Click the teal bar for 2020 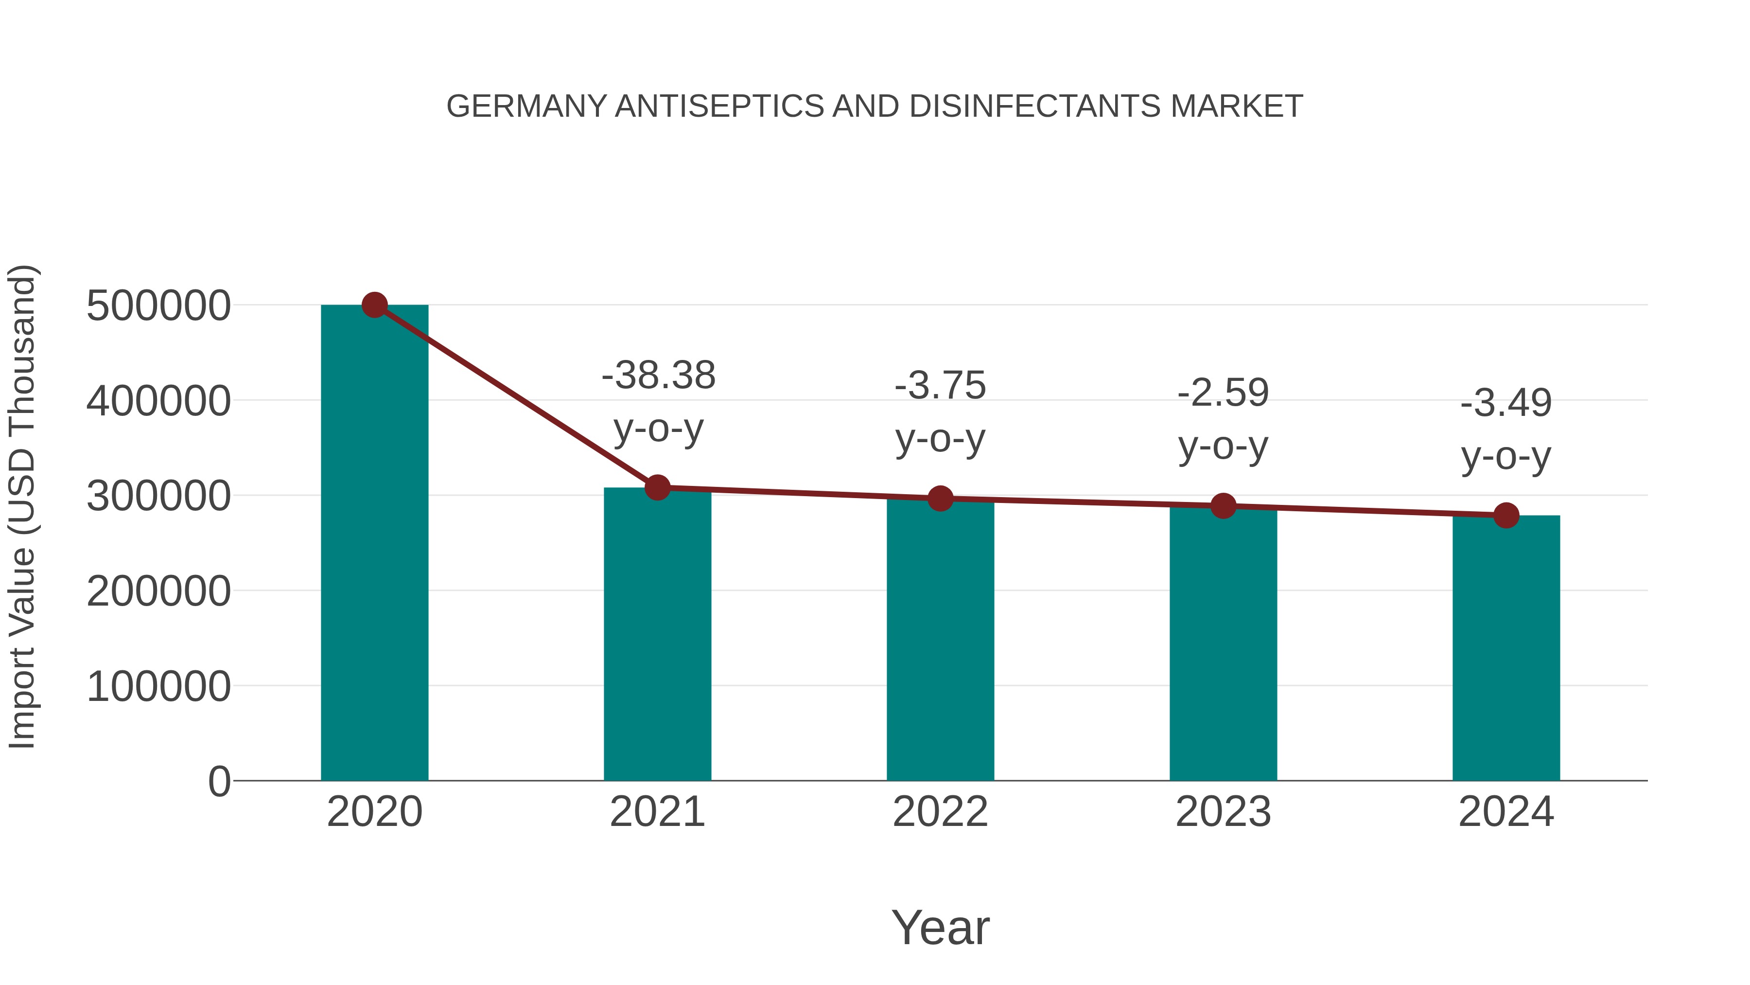coord(374,544)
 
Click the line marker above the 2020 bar coord(374,305)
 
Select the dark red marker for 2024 coord(1506,515)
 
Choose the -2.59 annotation coord(1223,393)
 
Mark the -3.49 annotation coord(1506,403)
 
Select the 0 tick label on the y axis coord(219,782)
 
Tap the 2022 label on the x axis coord(940,812)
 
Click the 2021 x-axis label coord(657,812)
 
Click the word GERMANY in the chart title coord(526,107)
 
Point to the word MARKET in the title coord(1236,107)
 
